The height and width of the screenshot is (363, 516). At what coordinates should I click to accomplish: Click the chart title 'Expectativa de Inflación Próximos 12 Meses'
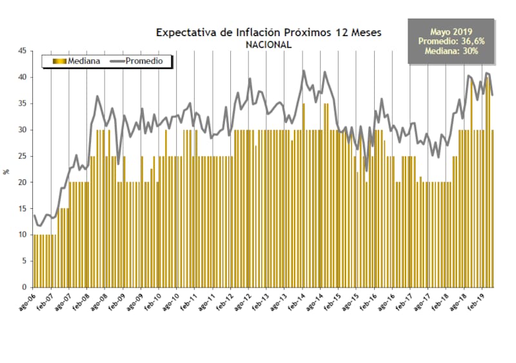pyautogui.click(x=269, y=32)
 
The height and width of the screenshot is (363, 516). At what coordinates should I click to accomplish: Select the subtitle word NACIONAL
pyautogui.click(x=268, y=45)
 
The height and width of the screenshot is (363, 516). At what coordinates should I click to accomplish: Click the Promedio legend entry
pyautogui.click(x=141, y=61)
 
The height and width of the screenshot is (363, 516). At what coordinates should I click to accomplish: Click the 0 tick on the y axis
pyautogui.click(x=24, y=287)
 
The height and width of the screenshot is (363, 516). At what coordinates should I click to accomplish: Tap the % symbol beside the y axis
pyautogui.click(x=6, y=171)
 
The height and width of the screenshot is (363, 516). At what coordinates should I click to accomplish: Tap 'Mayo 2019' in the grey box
pyautogui.click(x=451, y=32)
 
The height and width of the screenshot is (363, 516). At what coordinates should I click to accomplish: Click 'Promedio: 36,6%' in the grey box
pyautogui.click(x=451, y=41)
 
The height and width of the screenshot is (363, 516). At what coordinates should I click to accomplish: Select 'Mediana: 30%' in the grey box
pyautogui.click(x=451, y=51)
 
